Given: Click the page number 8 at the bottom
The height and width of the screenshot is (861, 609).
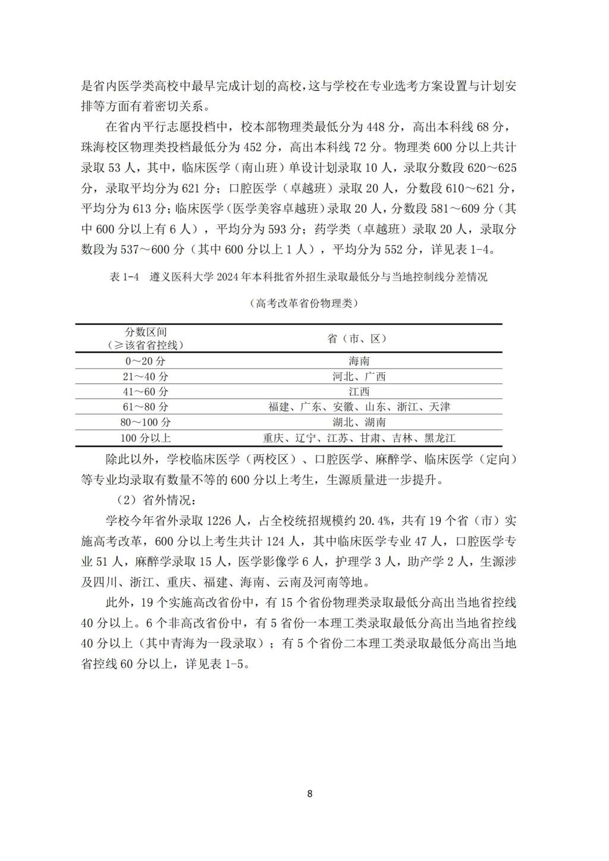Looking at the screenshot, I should [x=309, y=793].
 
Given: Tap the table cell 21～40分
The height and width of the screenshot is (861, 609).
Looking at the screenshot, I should [x=145, y=376].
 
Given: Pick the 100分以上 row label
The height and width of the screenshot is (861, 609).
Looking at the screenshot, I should [x=145, y=438].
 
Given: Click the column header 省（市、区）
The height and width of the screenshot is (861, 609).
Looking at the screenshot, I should [x=359, y=338].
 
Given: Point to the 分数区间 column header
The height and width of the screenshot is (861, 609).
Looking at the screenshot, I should [x=145, y=332].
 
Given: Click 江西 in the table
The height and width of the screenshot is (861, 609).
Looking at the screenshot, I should [x=359, y=392].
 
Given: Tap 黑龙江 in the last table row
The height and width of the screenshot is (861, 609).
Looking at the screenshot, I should [x=440, y=438].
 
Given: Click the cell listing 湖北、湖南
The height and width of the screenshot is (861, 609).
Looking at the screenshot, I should [x=359, y=423].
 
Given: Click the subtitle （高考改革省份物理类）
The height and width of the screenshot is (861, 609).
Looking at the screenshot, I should [x=304, y=303].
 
